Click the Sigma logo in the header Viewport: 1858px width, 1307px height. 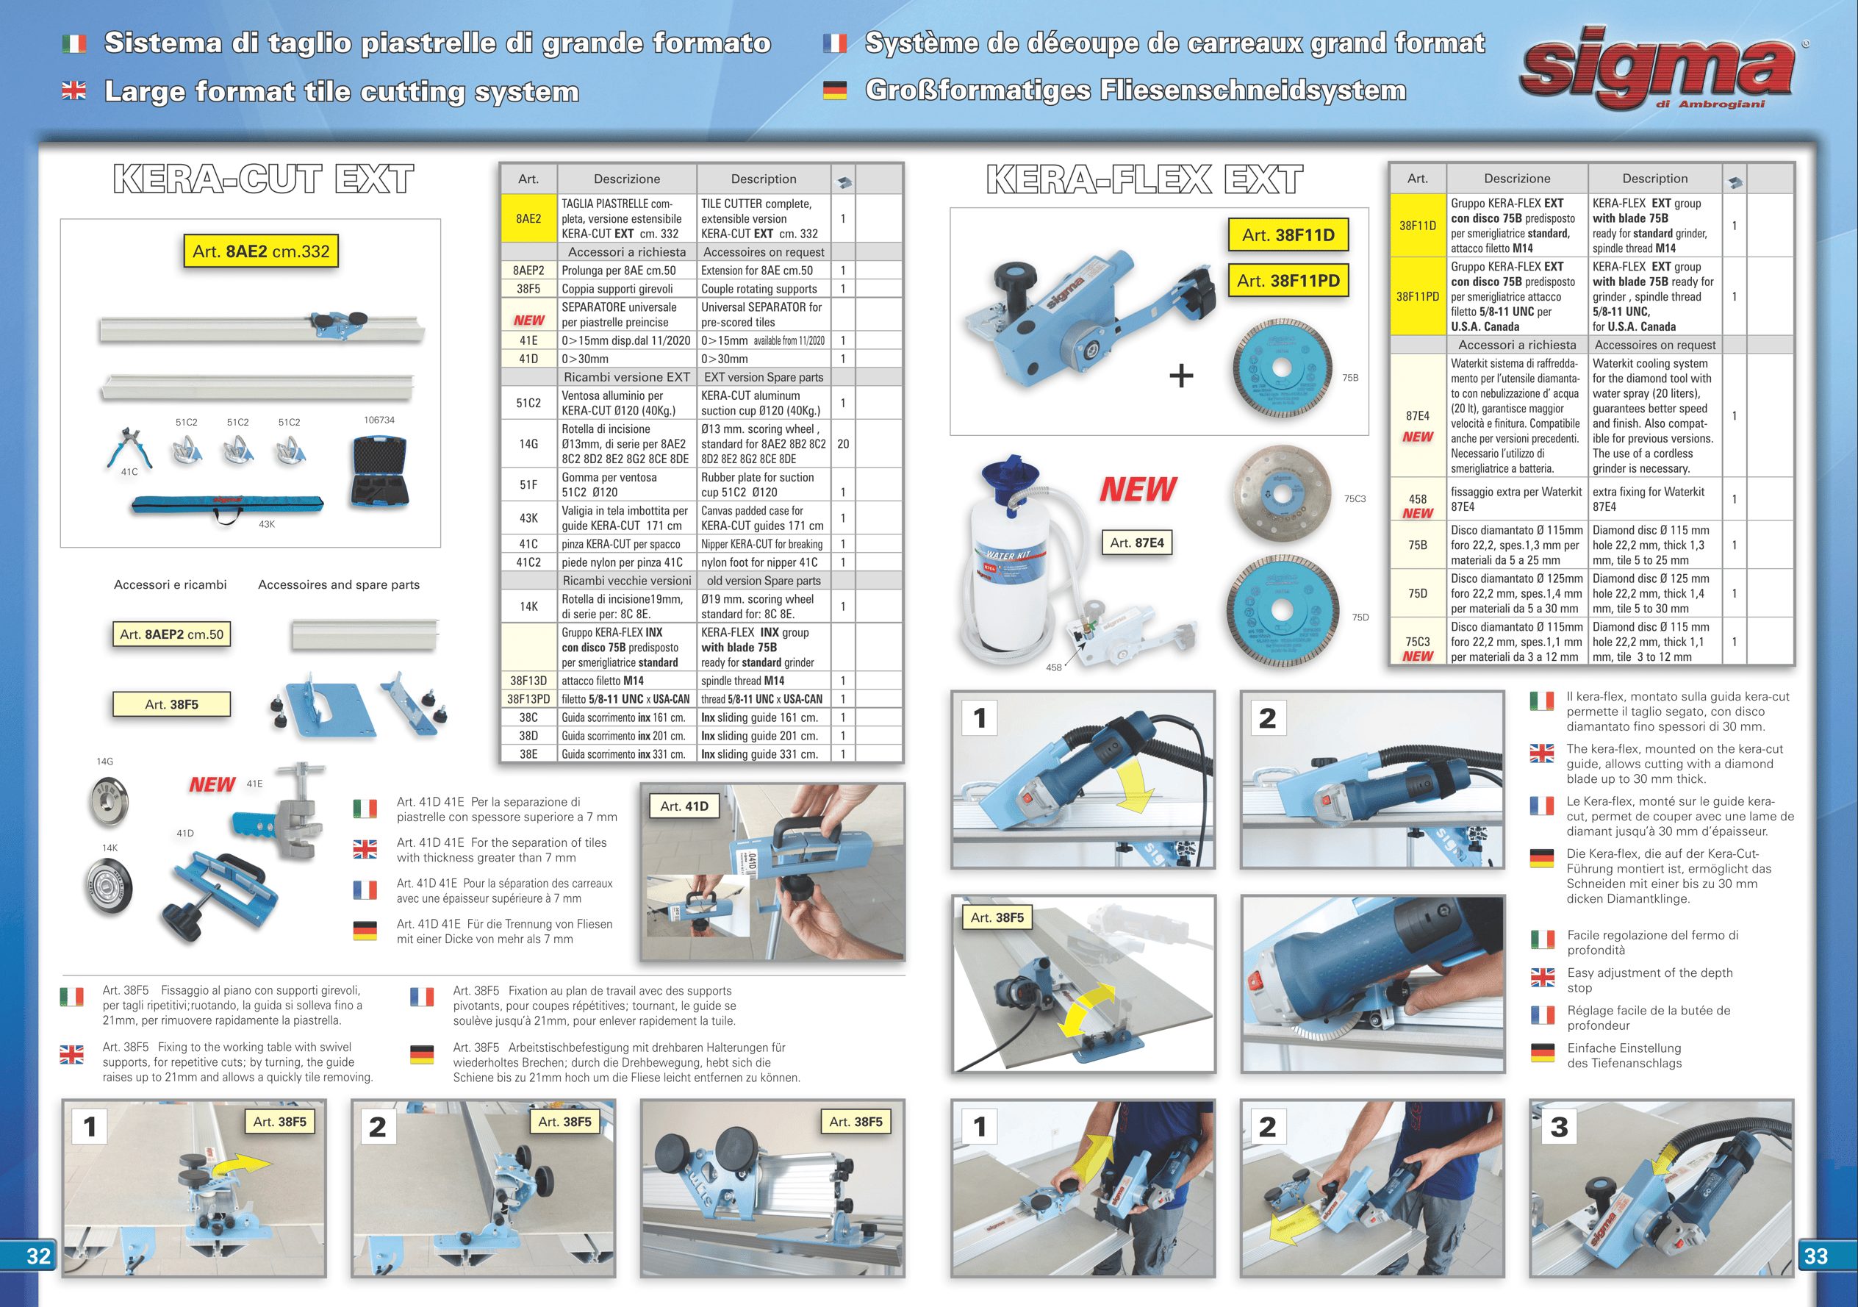(1659, 69)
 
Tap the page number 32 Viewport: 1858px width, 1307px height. (38, 1256)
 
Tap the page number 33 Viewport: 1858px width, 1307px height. (1816, 1256)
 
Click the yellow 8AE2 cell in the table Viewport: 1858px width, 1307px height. (528, 218)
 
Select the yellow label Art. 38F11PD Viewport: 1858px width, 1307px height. (1288, 281)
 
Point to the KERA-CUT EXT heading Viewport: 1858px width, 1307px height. (264, 179)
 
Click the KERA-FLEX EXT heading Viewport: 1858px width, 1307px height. (1144, 179)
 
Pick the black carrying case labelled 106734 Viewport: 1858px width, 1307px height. (379, 472)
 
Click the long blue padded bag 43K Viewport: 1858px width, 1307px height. (227, 506)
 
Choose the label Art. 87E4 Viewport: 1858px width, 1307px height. (1137, 543)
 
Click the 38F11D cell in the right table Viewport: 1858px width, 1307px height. (1418, 226)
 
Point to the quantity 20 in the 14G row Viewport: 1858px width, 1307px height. (843, 443)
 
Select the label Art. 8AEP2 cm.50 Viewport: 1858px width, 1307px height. (171, 634)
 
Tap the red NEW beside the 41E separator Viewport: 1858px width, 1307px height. (212, 784)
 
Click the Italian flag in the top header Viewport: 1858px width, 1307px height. (74, 43)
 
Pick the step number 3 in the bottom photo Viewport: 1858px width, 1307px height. (1559, 1126)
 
